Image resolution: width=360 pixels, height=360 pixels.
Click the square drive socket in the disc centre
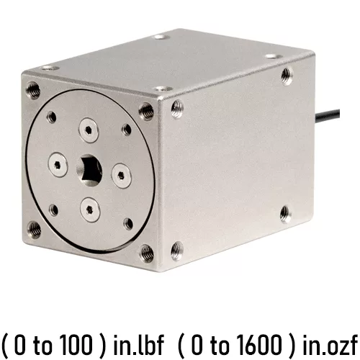click(89, 170)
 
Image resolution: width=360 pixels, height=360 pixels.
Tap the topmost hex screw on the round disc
click(89, 130)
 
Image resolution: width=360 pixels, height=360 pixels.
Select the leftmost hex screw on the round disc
click(58, 164)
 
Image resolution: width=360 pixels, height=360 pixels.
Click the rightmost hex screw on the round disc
click(122, 176)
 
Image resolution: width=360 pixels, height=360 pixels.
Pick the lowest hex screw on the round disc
click(90, 210)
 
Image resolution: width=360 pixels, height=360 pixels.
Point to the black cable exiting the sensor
click(327, 115)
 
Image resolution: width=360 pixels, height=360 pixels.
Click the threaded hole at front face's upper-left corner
click(33, 91)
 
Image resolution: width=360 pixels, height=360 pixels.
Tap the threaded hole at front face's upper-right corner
click(146, 112)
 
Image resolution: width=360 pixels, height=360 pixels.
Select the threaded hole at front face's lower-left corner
click(34, 230)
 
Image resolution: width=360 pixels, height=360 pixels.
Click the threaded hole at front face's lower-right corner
click(147, 253)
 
